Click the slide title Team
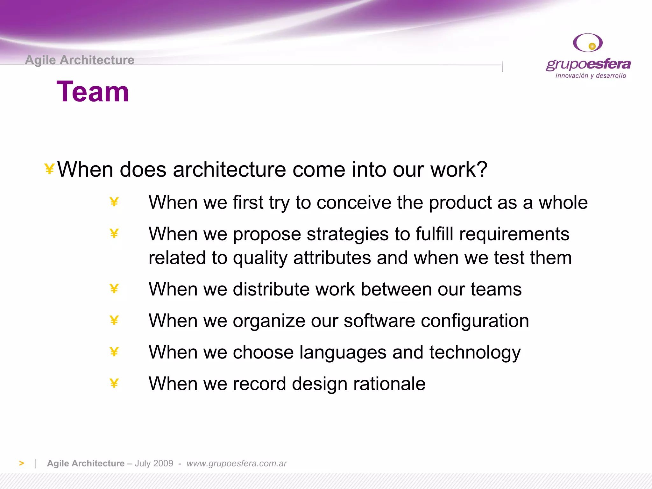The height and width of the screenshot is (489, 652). [93, 92]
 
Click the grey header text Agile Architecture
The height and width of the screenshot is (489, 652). [80, 60]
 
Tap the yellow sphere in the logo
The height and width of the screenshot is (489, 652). [592, 46]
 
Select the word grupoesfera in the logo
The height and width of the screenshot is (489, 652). [588, 64]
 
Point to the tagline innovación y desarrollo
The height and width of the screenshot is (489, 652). [591, 76]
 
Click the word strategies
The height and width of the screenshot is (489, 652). [347, 234]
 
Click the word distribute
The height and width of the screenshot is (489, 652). [271, 289]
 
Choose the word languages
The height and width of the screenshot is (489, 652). [343, 352]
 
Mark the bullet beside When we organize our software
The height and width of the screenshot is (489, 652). [114, 320]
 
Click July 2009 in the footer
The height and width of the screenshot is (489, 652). [154, 463]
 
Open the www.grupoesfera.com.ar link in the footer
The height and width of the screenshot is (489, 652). [237, 463]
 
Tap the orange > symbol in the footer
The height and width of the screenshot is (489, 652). [21, 463]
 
